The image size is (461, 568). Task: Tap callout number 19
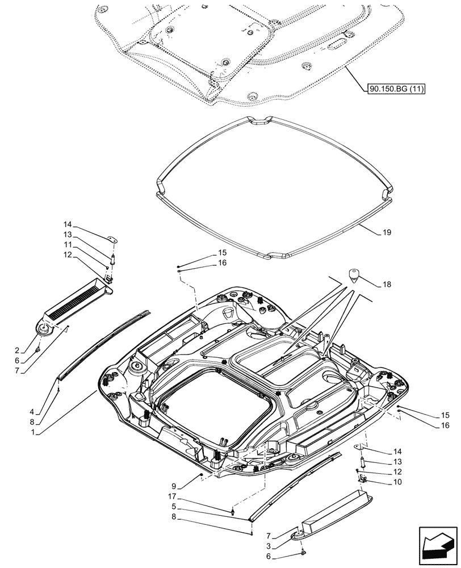(386, 232)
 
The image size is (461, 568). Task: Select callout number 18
(387, 283)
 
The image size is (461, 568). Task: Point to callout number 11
(68, 244)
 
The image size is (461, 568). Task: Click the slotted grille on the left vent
(74, 302)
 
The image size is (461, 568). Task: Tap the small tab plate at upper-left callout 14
(112, 240)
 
